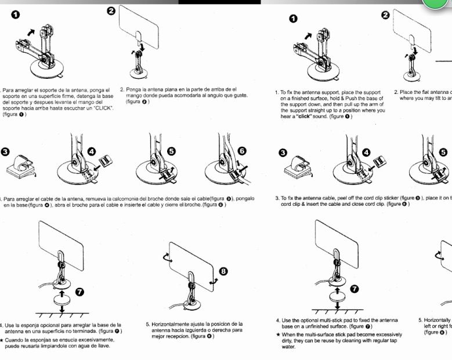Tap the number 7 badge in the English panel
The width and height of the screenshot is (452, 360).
pyautogui.click(x=355, y=288)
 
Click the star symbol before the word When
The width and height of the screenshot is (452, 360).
pyautogui.click(x=278, y=334)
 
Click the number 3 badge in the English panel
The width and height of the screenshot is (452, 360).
pyautogui.click(x=282, y=152)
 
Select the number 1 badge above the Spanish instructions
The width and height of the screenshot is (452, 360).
pyautogui.click(x=12, y=15)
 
